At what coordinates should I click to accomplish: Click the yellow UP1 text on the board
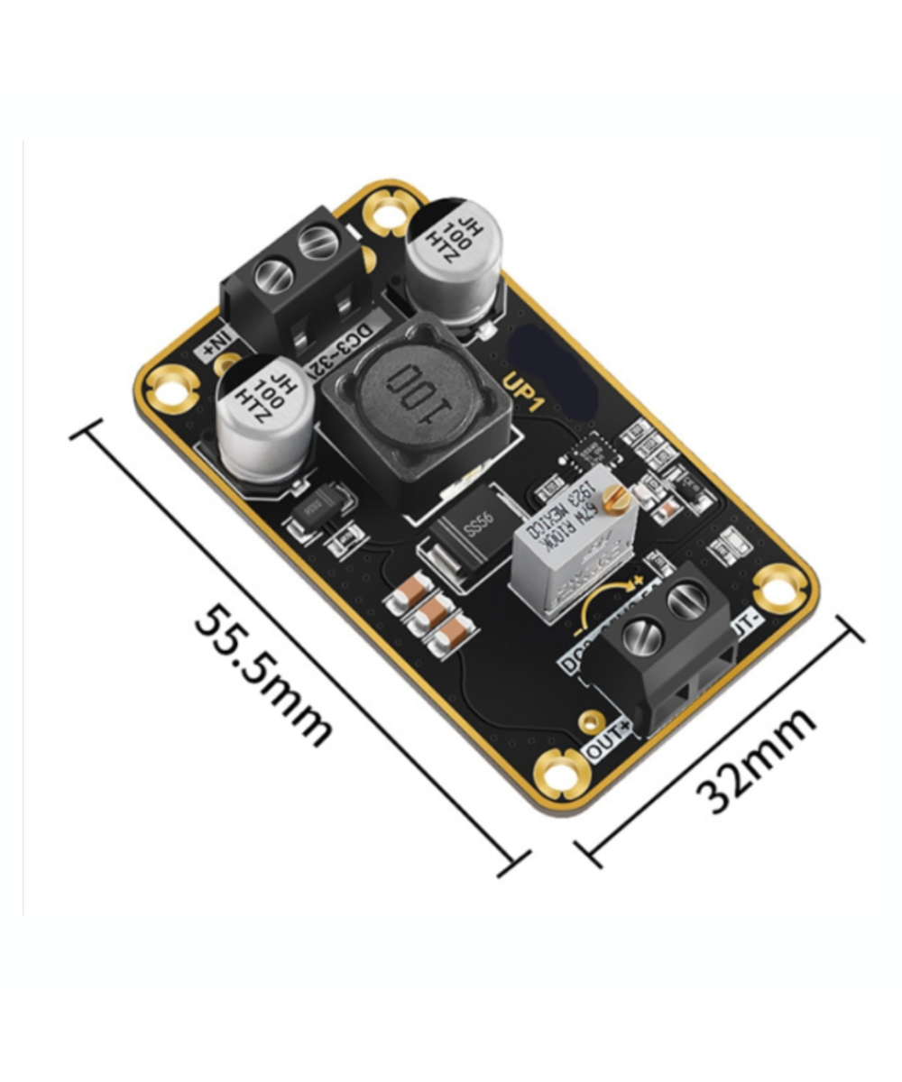pos(523,393)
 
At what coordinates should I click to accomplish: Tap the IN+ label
pos(216,344)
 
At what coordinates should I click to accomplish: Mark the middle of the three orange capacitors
pos(431,614)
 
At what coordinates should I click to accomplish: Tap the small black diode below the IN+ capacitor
pos(311,510)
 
